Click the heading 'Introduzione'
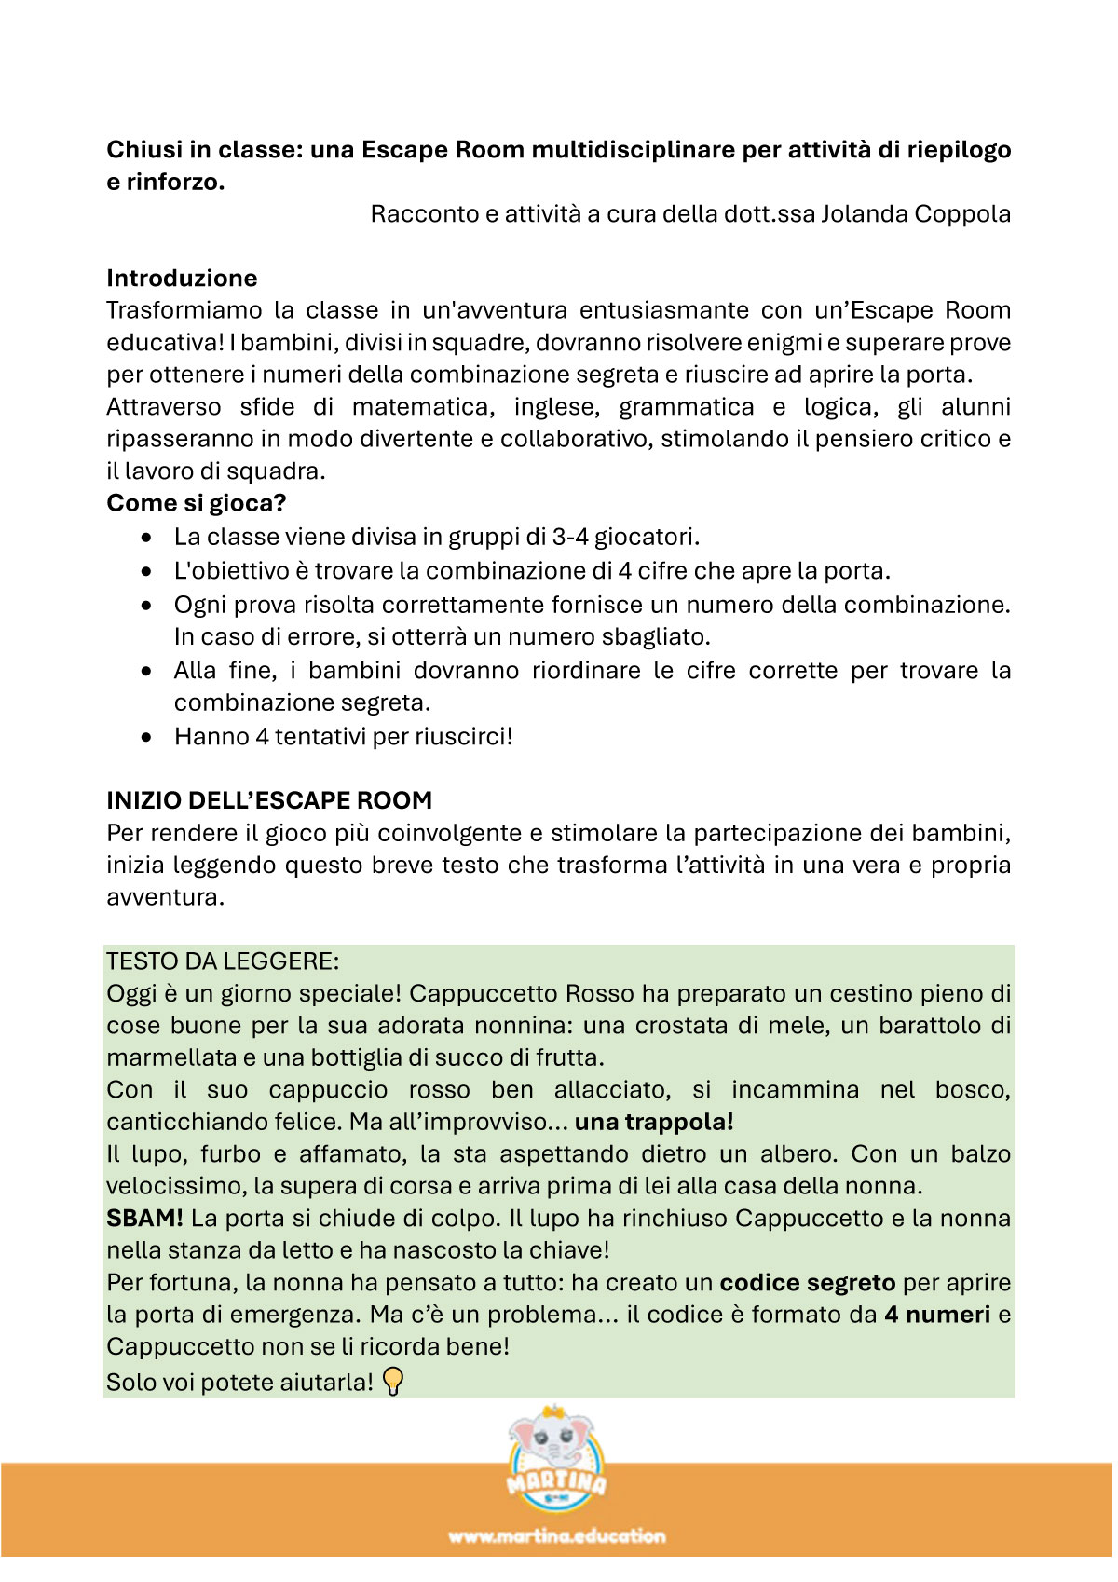182,278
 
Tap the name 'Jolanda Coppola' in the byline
915,213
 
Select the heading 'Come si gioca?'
196,503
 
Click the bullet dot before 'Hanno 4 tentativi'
146,737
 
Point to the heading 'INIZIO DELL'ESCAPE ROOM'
269,800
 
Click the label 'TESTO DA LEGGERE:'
223,961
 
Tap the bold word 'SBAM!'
144,1219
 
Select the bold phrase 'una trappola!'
654,1122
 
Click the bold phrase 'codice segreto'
807,1283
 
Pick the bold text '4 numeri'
936,1315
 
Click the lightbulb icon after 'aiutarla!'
394,1381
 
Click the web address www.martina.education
556,1536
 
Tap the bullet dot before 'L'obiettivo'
146,571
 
